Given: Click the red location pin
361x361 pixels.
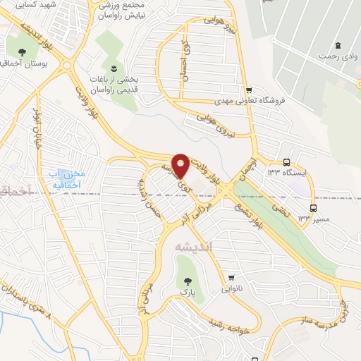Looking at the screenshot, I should click(x=180, y=165).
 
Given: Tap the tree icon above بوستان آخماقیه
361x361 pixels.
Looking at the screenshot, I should click(x=23, y=52).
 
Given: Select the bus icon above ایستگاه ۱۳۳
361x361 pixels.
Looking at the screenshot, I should click(x=286, y=161).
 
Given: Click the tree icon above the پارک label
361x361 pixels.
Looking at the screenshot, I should click(x=188, y=280).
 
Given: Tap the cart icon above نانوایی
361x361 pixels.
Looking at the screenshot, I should click(x=232, y=277).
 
